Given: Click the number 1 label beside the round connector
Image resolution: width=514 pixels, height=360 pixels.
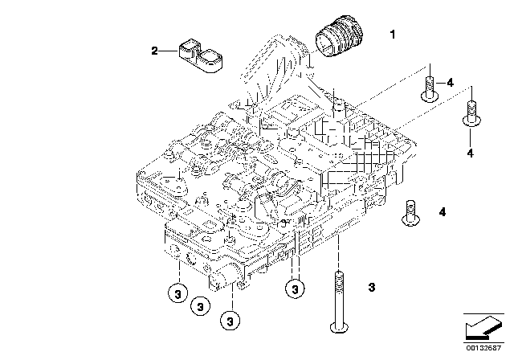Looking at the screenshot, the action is (393, 35).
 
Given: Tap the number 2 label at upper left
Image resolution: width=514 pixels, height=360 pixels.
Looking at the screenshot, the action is (154, 51).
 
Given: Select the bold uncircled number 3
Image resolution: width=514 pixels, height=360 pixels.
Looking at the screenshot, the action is (371, 287).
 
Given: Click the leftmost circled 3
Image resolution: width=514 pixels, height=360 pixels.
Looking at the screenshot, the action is (177, 293).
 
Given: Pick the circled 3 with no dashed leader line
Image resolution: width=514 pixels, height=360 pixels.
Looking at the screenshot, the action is (200, 306).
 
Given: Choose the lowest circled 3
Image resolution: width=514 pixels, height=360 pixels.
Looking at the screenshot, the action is (230, 321).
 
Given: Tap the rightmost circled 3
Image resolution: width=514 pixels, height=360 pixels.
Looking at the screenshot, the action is (295, 289).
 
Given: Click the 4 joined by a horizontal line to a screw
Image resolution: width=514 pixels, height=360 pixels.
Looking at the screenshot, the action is (451, 83).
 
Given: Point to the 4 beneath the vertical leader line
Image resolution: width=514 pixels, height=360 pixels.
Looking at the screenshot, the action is (471, 153).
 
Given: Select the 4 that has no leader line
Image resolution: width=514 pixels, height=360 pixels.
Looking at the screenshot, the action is (443, 212).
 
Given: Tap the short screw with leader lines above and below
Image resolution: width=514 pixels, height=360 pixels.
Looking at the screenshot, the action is (471, 113).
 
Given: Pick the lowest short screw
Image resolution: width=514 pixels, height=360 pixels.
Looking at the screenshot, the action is (411, 214).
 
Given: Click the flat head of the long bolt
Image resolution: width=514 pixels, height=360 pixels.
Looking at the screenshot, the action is (339, 327).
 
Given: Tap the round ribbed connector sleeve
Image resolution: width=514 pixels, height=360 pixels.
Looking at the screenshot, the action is (339, 36).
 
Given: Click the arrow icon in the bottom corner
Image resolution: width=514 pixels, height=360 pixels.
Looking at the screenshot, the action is (483, 328).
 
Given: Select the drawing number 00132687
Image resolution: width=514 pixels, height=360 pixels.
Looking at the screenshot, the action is (483, 348).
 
